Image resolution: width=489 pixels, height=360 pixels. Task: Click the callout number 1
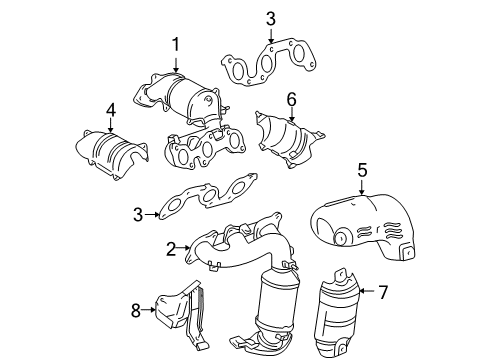[x=176, y=44]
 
